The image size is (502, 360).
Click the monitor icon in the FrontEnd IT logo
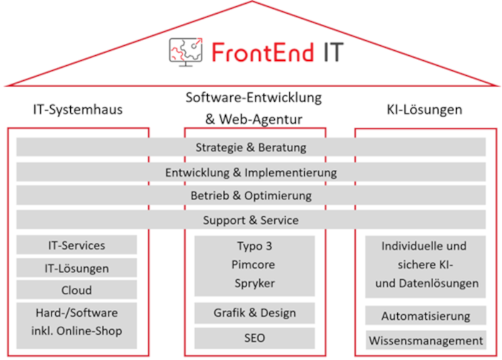186,52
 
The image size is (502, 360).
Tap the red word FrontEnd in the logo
262,52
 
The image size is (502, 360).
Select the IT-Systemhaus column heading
78,110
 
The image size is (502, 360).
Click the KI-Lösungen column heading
425,110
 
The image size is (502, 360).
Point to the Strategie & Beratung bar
251,147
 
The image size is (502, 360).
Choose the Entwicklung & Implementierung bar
251,172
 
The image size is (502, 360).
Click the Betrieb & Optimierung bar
251,195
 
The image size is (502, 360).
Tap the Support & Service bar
251,220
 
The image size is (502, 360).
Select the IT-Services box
77,245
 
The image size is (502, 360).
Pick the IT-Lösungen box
77,268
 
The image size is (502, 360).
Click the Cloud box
77,290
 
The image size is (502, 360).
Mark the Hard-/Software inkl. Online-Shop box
77,326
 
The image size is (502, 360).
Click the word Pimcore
254,265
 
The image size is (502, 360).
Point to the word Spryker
255,283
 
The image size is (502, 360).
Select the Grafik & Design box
255,312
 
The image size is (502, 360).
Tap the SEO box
255,338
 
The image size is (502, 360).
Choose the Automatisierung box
426,316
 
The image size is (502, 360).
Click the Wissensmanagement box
426,340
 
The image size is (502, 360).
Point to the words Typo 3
255,246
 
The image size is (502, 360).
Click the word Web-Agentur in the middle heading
260,120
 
